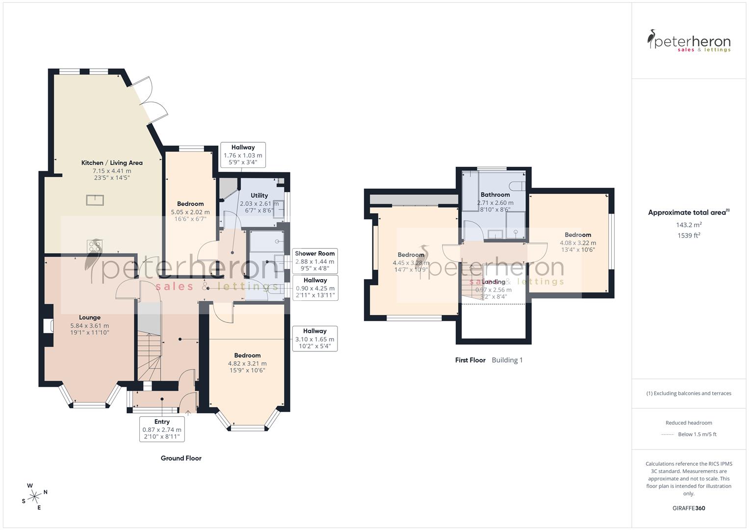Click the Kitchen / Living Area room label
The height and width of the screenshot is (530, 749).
112,163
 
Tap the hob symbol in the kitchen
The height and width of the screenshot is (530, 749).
94,246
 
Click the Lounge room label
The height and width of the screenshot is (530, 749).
89,318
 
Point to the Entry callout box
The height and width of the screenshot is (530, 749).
162,429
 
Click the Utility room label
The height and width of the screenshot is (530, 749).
259,195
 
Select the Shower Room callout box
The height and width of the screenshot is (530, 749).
314,261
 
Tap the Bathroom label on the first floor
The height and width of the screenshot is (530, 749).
495,195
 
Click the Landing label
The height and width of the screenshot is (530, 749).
493,282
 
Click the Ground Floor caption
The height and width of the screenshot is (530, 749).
181,458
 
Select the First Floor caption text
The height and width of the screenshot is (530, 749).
470,360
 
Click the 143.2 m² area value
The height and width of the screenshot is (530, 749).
689,225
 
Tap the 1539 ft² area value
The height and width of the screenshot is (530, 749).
689,236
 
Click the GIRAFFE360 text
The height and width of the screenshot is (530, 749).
689,508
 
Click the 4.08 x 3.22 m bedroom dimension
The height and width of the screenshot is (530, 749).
578,243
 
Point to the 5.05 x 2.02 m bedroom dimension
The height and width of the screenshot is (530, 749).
190,212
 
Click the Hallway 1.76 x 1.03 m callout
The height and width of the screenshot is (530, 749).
243,155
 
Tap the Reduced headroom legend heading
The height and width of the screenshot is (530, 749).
689,423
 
